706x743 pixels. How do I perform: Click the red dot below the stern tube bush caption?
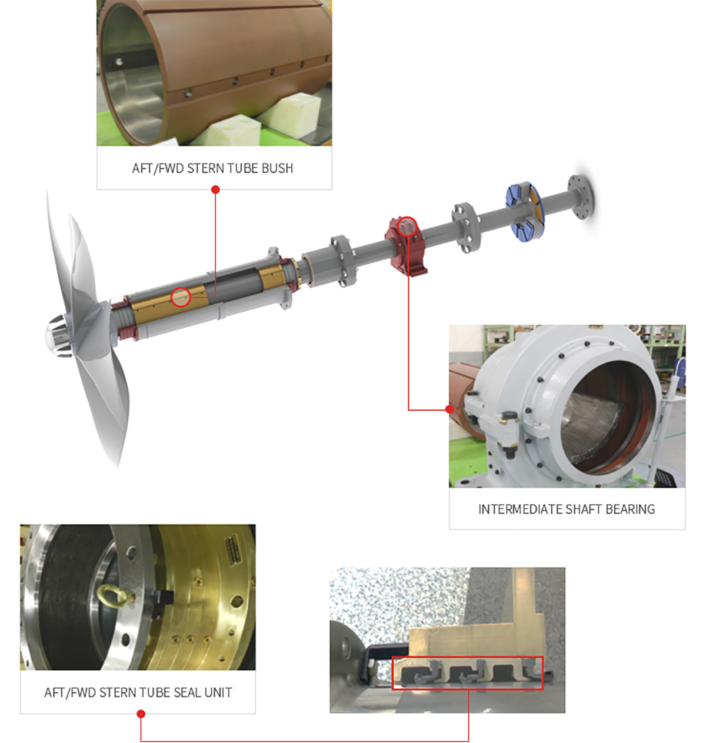(x=215, y=189)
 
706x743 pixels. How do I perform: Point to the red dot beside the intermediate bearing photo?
(x=449, y=409)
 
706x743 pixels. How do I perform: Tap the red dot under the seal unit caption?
(x=141, y=714)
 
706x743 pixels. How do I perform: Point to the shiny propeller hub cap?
(x=59, y=336)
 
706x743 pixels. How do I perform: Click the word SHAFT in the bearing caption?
(x=584, y=509)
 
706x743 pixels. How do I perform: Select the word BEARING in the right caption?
(x=631, y=509)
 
